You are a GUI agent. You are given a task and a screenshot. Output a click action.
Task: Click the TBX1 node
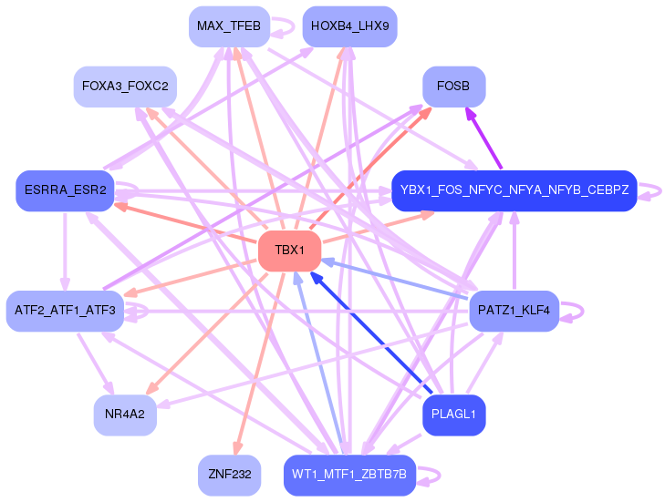(290, 251)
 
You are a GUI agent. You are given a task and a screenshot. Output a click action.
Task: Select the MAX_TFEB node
(229, 26)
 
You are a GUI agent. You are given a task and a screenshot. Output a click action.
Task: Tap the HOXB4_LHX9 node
(350, 26)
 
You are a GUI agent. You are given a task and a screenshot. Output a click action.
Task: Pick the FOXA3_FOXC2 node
(125, 87)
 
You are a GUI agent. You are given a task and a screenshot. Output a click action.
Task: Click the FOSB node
(453, 87)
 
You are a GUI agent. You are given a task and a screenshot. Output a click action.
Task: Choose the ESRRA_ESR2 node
(65, 190)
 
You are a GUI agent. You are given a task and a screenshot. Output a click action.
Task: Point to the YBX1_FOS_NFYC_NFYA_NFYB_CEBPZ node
(514, 190)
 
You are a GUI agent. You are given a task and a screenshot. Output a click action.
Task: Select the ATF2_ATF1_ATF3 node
(65, 311)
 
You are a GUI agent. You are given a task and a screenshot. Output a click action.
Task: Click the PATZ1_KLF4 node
(514, 311)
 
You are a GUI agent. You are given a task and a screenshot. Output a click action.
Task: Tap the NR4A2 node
(125, 415)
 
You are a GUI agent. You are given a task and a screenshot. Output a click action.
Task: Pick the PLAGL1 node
(453, 415)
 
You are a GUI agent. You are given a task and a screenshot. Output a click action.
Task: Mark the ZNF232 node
(229, 475)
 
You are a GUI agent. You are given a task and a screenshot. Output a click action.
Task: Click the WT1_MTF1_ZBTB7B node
(350, 475)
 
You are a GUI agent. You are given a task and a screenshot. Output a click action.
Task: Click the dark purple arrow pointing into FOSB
(483, 138)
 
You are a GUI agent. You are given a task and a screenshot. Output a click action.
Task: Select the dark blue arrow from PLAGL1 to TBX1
(371, 333)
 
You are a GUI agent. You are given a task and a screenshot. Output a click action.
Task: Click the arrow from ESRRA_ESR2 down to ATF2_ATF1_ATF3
(65, 251)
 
